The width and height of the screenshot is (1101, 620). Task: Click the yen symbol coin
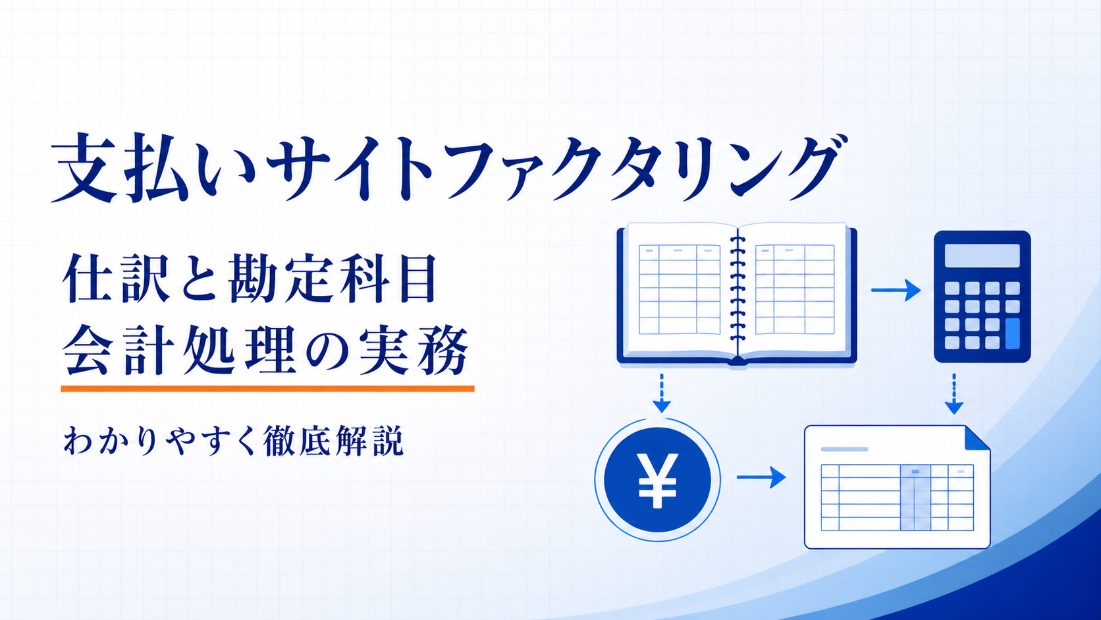658,480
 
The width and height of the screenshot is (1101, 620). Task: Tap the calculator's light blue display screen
982,256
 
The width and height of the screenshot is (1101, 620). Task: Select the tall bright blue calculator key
1013,334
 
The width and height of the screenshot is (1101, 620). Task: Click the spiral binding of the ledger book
738,290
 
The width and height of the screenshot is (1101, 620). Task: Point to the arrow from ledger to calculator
896,290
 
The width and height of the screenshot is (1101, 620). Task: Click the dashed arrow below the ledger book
662,393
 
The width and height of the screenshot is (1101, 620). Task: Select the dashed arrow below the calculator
954,394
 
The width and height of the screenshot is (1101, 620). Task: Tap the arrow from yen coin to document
761,477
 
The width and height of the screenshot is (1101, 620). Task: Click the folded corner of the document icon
977,439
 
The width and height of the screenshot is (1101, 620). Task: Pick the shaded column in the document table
915,497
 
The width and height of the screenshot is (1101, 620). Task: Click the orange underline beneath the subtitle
267,389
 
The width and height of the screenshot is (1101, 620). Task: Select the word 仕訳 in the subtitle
115,278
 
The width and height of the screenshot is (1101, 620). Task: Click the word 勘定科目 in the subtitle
333,278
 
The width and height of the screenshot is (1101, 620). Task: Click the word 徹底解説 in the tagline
333,441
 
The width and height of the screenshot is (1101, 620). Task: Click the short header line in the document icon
844,449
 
